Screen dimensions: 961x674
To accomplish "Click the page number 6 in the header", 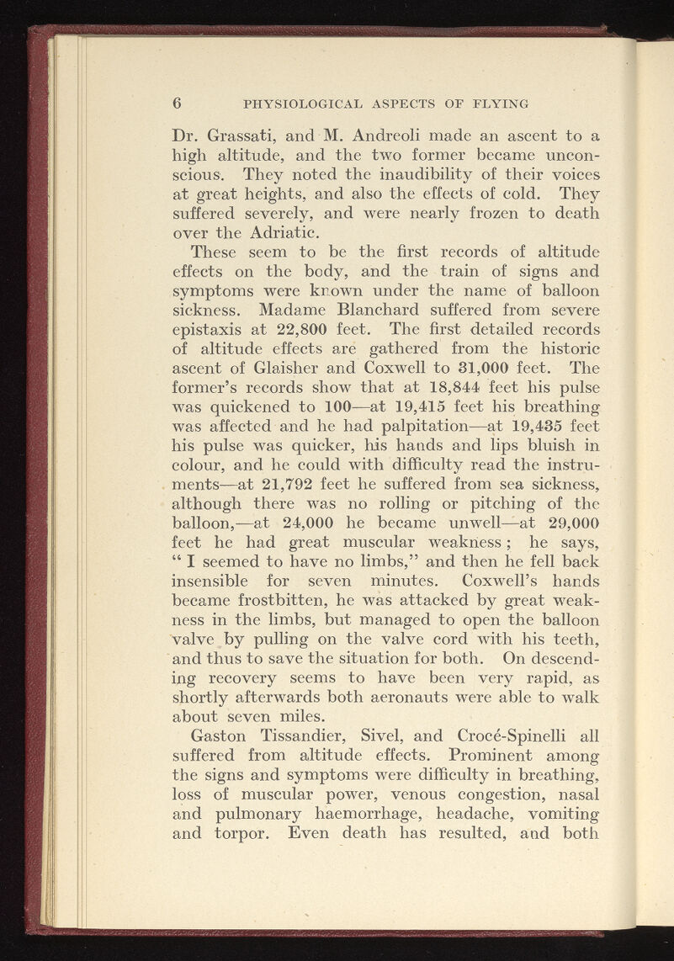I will pos(178,104).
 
